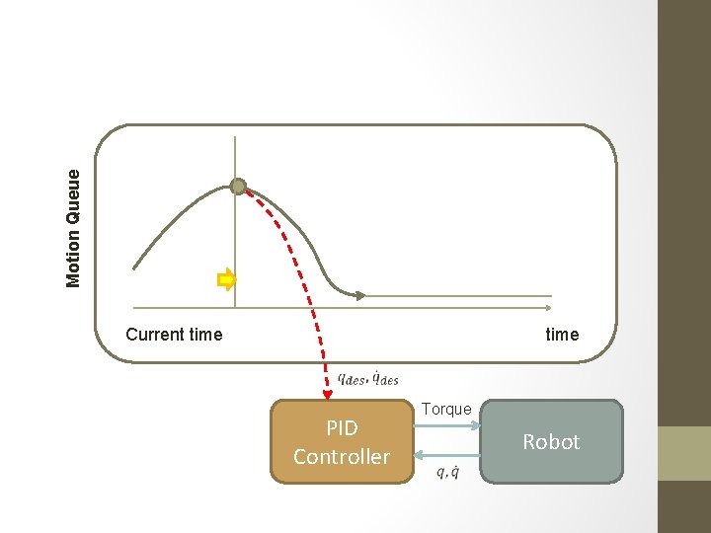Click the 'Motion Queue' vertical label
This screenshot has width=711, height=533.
(74, 227)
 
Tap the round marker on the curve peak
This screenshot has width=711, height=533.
(238, 187)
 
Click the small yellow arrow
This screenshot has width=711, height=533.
(227, 280)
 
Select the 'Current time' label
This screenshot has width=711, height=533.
(174, 335)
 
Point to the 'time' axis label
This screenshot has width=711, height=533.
(562, 335)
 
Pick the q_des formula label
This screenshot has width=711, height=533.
(367, 377)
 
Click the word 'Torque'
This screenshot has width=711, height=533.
(446, 409)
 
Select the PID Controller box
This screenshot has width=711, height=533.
(342, 441)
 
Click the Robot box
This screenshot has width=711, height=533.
(551, 441)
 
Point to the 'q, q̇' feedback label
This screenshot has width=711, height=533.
(446, 472)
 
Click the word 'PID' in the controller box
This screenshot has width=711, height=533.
(342, 428)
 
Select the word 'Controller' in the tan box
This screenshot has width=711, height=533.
(342, 457)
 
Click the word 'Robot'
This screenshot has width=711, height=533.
(551, 442)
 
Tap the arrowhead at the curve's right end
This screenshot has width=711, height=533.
(361, 295)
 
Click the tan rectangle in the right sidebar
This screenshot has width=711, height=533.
(684, 453)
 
